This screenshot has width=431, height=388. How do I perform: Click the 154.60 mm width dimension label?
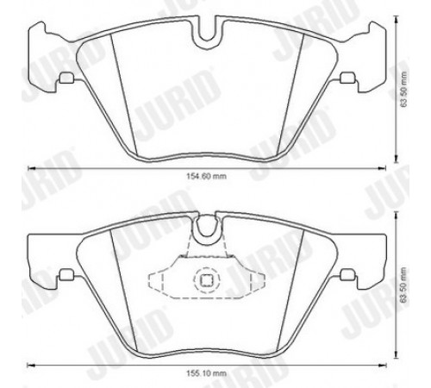[x=206, y=176]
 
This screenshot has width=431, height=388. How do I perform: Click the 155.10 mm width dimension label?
[x=206, y=373]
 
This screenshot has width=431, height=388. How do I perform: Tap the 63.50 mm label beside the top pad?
[x=404, y=89]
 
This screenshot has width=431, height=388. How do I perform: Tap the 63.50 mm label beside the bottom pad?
[x=404, y=285]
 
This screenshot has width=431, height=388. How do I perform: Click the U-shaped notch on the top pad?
[x=207, y=34]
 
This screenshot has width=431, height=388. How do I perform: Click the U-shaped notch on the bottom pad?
[x=206, y=227]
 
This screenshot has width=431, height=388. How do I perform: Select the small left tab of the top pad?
[x=66, y=78]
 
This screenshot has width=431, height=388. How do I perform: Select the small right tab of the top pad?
[x=347, y=78]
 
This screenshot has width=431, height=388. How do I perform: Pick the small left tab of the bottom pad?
[x=66, y=274]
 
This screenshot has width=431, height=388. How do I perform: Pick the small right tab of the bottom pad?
[x=347, y=274]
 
